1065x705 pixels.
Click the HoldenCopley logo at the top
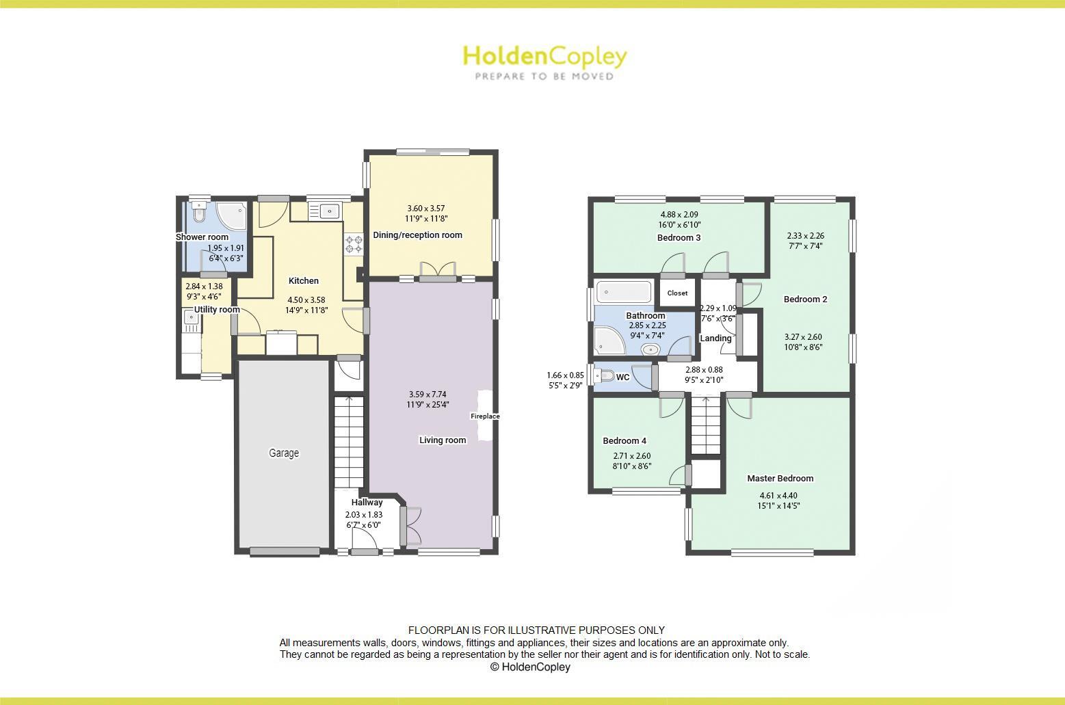pos(544,62)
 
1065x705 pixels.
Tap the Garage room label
pos(284,453)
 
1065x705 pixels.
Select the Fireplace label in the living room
pos(485,416)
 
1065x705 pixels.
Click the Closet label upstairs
pos(677,293)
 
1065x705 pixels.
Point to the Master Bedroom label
pos(780,479)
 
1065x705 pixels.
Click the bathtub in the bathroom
pos(623,292)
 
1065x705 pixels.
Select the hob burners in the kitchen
pos(354,245)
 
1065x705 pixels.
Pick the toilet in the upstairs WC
pos(605,375)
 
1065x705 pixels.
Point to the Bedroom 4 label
pos(624,441)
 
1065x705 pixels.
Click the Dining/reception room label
pos(417,235)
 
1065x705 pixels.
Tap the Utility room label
pos(217,310)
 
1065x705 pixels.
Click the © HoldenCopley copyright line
pos(530,667)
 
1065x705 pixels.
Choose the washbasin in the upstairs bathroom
pos(650,350)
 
